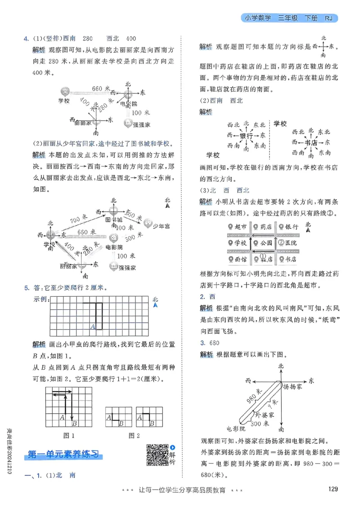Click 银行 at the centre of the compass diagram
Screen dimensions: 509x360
[246, 135]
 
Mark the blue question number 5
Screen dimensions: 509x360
[27, 288]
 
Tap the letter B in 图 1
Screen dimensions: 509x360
[75, 423]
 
